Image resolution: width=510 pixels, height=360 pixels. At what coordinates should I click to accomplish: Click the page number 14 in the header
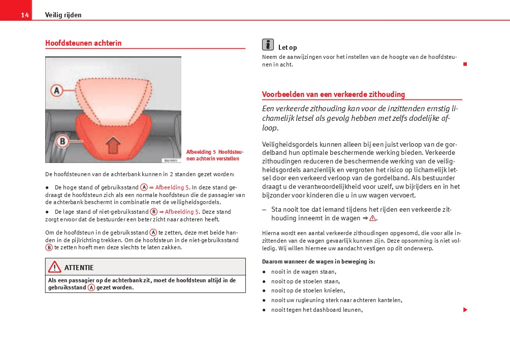[24, 15]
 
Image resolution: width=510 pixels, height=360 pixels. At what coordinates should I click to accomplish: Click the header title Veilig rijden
[63, 15]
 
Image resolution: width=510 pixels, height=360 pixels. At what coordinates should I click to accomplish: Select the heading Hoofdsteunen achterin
[83, 43]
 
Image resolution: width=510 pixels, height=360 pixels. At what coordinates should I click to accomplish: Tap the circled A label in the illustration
[57, 91]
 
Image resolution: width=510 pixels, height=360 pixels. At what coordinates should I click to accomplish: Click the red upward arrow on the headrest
[112, 146]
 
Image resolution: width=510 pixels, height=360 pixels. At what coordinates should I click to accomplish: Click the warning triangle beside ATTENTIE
[55, 267]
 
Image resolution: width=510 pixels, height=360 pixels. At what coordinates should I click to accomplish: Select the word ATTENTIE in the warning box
[79, 268]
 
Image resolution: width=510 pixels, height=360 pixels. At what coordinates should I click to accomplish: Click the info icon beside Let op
[268, 44]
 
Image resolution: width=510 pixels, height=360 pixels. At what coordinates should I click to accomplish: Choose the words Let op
[288, 48]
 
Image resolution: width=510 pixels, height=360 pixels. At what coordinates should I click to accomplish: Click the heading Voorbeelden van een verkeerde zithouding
[333, 94]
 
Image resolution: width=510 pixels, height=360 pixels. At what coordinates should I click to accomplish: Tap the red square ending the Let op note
[464, 64]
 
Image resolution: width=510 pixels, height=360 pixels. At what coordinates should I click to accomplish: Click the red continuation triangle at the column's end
[464, 310]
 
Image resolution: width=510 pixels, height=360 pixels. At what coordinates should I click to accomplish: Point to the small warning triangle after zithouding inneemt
[372, 218]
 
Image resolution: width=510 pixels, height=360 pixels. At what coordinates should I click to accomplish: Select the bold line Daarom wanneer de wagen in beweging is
[318, 261]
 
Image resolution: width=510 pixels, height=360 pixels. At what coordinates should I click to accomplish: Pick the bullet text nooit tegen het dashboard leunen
[316, 310]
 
